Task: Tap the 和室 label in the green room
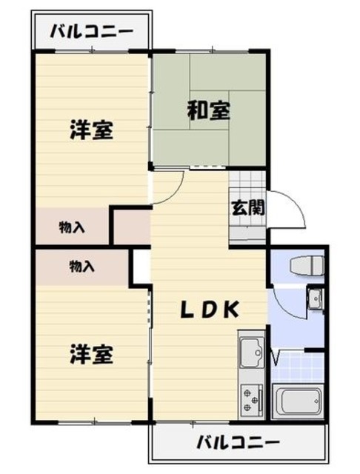coord(208,111)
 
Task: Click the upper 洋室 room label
coord(91,131)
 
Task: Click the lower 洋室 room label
coord(91,354)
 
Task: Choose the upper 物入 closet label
coord(72,228)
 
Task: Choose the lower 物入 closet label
coord(81,265)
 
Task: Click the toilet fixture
coord(305,266)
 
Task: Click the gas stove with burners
coord(252,401)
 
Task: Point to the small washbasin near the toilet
coord(315,298)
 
